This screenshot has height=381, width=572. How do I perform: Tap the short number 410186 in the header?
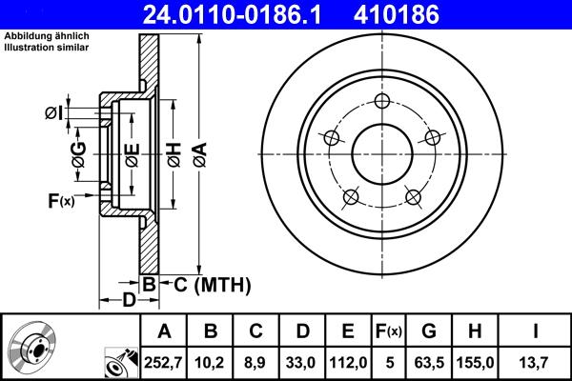(x=424, y=14)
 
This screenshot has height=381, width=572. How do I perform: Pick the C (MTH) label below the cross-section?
(x=206, y=284)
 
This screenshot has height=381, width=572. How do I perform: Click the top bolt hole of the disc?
(x=382, y=103)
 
